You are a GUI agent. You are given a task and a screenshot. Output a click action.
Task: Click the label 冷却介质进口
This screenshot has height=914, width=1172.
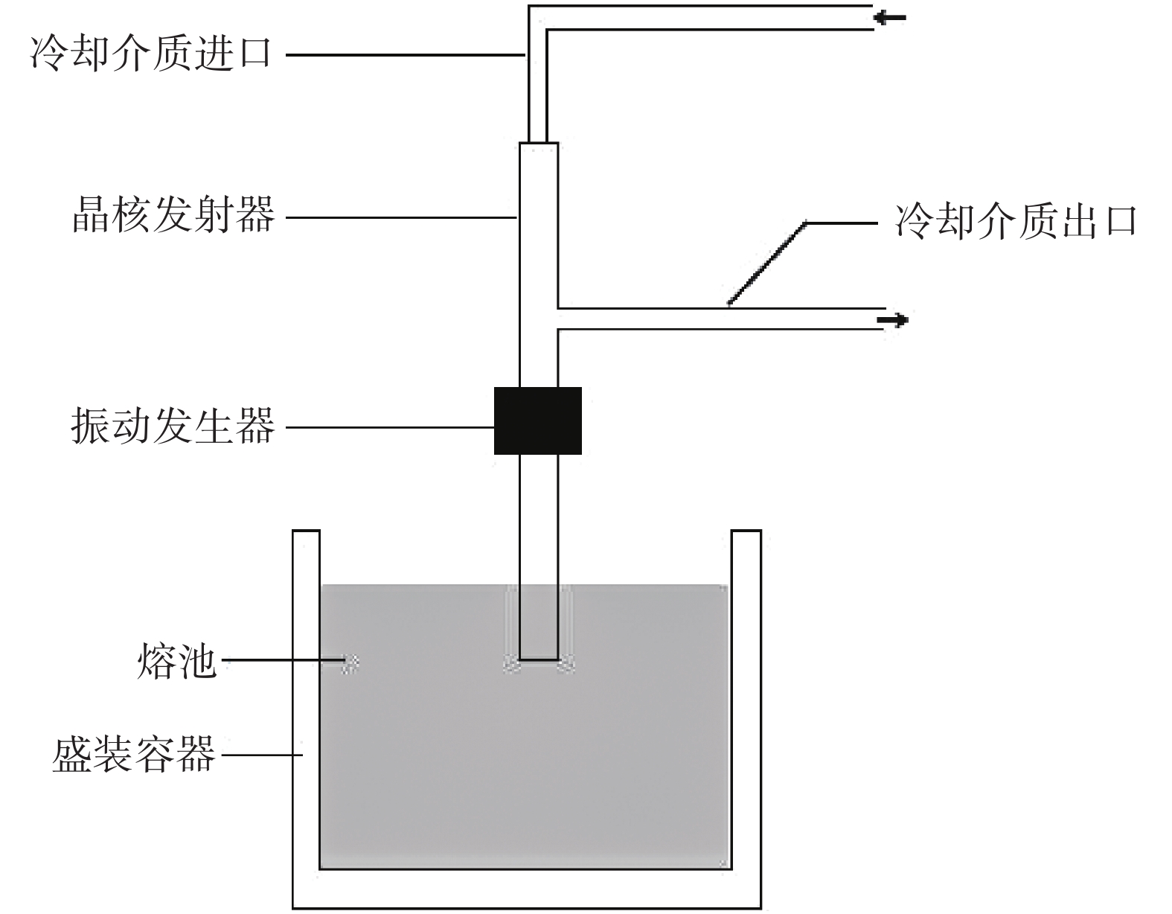(152, 54)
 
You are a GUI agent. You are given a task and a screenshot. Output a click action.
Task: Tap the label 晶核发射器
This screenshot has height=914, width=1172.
(173, 217)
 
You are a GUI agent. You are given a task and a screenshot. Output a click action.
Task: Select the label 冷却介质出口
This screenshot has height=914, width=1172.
(1015, 221)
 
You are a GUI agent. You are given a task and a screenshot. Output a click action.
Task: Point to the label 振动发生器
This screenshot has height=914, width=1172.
(173, 426)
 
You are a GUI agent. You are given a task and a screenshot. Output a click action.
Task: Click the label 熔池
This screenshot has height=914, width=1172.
(176, 662)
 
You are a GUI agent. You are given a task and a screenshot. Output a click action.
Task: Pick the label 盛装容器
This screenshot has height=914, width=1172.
(133, 755)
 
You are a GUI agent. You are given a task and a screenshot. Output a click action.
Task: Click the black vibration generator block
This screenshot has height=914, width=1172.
(537, 421)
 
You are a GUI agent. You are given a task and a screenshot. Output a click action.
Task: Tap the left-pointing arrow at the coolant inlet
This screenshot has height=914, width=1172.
(890, 17)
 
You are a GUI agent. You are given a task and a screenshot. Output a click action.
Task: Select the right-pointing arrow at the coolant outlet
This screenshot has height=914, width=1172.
(893, 321)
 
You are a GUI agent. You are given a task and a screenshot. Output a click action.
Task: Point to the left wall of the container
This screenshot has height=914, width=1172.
(306, 707)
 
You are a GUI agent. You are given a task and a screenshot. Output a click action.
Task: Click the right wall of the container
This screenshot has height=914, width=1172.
(746, 707)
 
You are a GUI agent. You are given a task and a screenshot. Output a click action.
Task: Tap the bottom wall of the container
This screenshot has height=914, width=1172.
(526, 889)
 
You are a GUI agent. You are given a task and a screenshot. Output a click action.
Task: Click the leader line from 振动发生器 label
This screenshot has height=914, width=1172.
(391, 427)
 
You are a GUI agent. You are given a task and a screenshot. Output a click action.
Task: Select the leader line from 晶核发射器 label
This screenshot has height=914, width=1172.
(402, 217)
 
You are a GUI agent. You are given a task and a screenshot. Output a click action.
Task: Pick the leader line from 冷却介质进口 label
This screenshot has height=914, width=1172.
(406, 54)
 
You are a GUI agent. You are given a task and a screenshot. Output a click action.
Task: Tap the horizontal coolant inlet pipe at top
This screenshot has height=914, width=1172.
(707, 18)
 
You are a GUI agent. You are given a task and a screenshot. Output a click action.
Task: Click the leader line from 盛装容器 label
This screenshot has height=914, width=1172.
(261, 755)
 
